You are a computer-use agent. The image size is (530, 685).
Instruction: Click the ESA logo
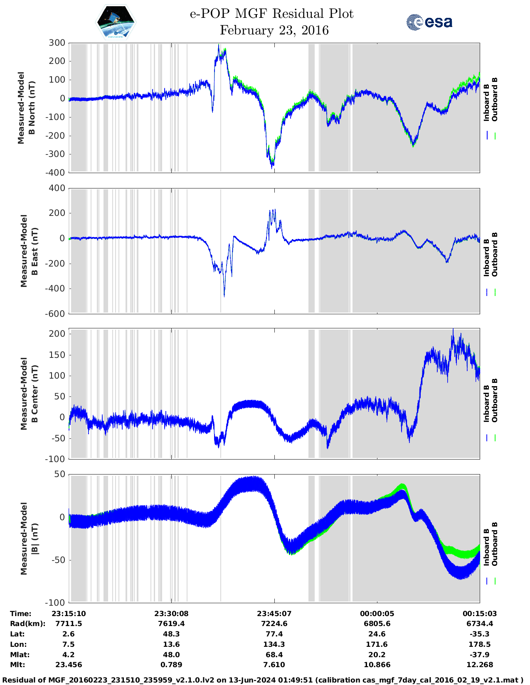point(429,22)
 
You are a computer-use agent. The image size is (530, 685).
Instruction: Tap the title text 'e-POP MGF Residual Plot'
point(272,14)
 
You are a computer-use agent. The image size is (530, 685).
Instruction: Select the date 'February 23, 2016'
point(274,30)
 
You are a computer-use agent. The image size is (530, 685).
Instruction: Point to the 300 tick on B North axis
point(57,43)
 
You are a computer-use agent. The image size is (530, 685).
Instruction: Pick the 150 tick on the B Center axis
point(57,355)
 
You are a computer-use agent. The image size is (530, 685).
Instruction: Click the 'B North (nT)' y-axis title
point(32,108)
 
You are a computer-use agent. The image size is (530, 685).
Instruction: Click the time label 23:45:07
point(274,614)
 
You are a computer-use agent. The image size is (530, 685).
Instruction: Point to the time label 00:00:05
point(377,614)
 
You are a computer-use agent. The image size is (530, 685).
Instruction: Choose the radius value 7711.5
point(69,624)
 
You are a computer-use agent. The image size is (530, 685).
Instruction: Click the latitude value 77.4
point(274,634)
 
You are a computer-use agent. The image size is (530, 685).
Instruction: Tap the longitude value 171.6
point(377,644)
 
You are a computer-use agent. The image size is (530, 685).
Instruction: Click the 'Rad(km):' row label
point(27,624)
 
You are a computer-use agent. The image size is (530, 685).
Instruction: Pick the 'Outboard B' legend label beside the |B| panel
point(495,544)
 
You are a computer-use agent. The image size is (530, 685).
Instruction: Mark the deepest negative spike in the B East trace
point(224,296)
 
